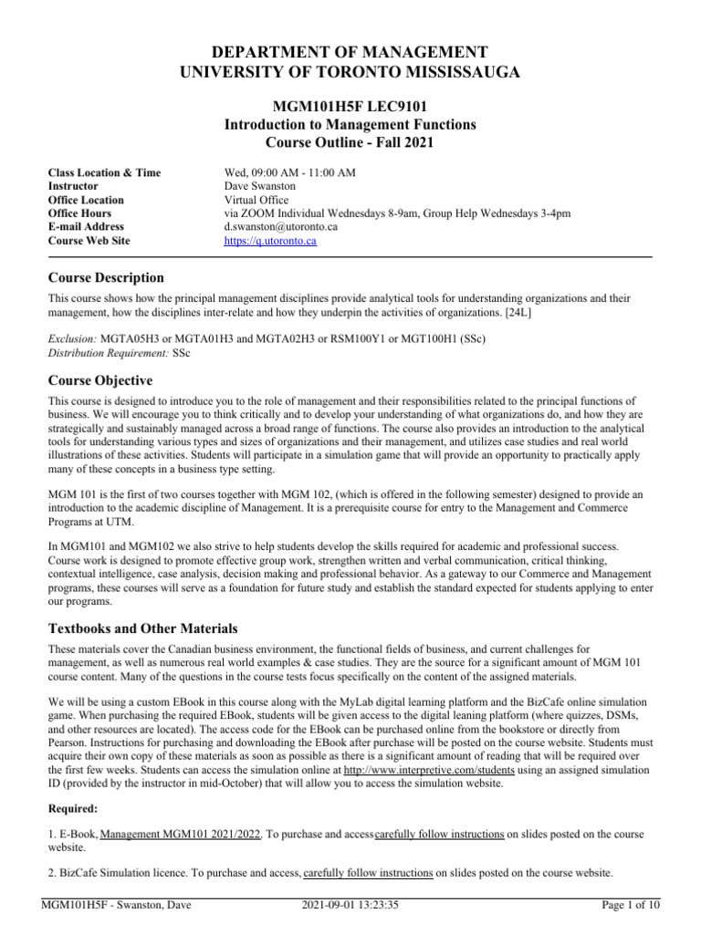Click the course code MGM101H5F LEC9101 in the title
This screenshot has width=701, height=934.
pos(350,106)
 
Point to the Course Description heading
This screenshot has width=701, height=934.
pos(106,277)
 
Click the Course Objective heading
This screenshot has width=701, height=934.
pos(100,379)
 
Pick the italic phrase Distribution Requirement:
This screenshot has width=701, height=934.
pos(103,352)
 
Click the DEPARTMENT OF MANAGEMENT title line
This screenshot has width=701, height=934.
pos(350,52)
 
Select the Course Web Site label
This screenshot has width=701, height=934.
pos(89,241)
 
